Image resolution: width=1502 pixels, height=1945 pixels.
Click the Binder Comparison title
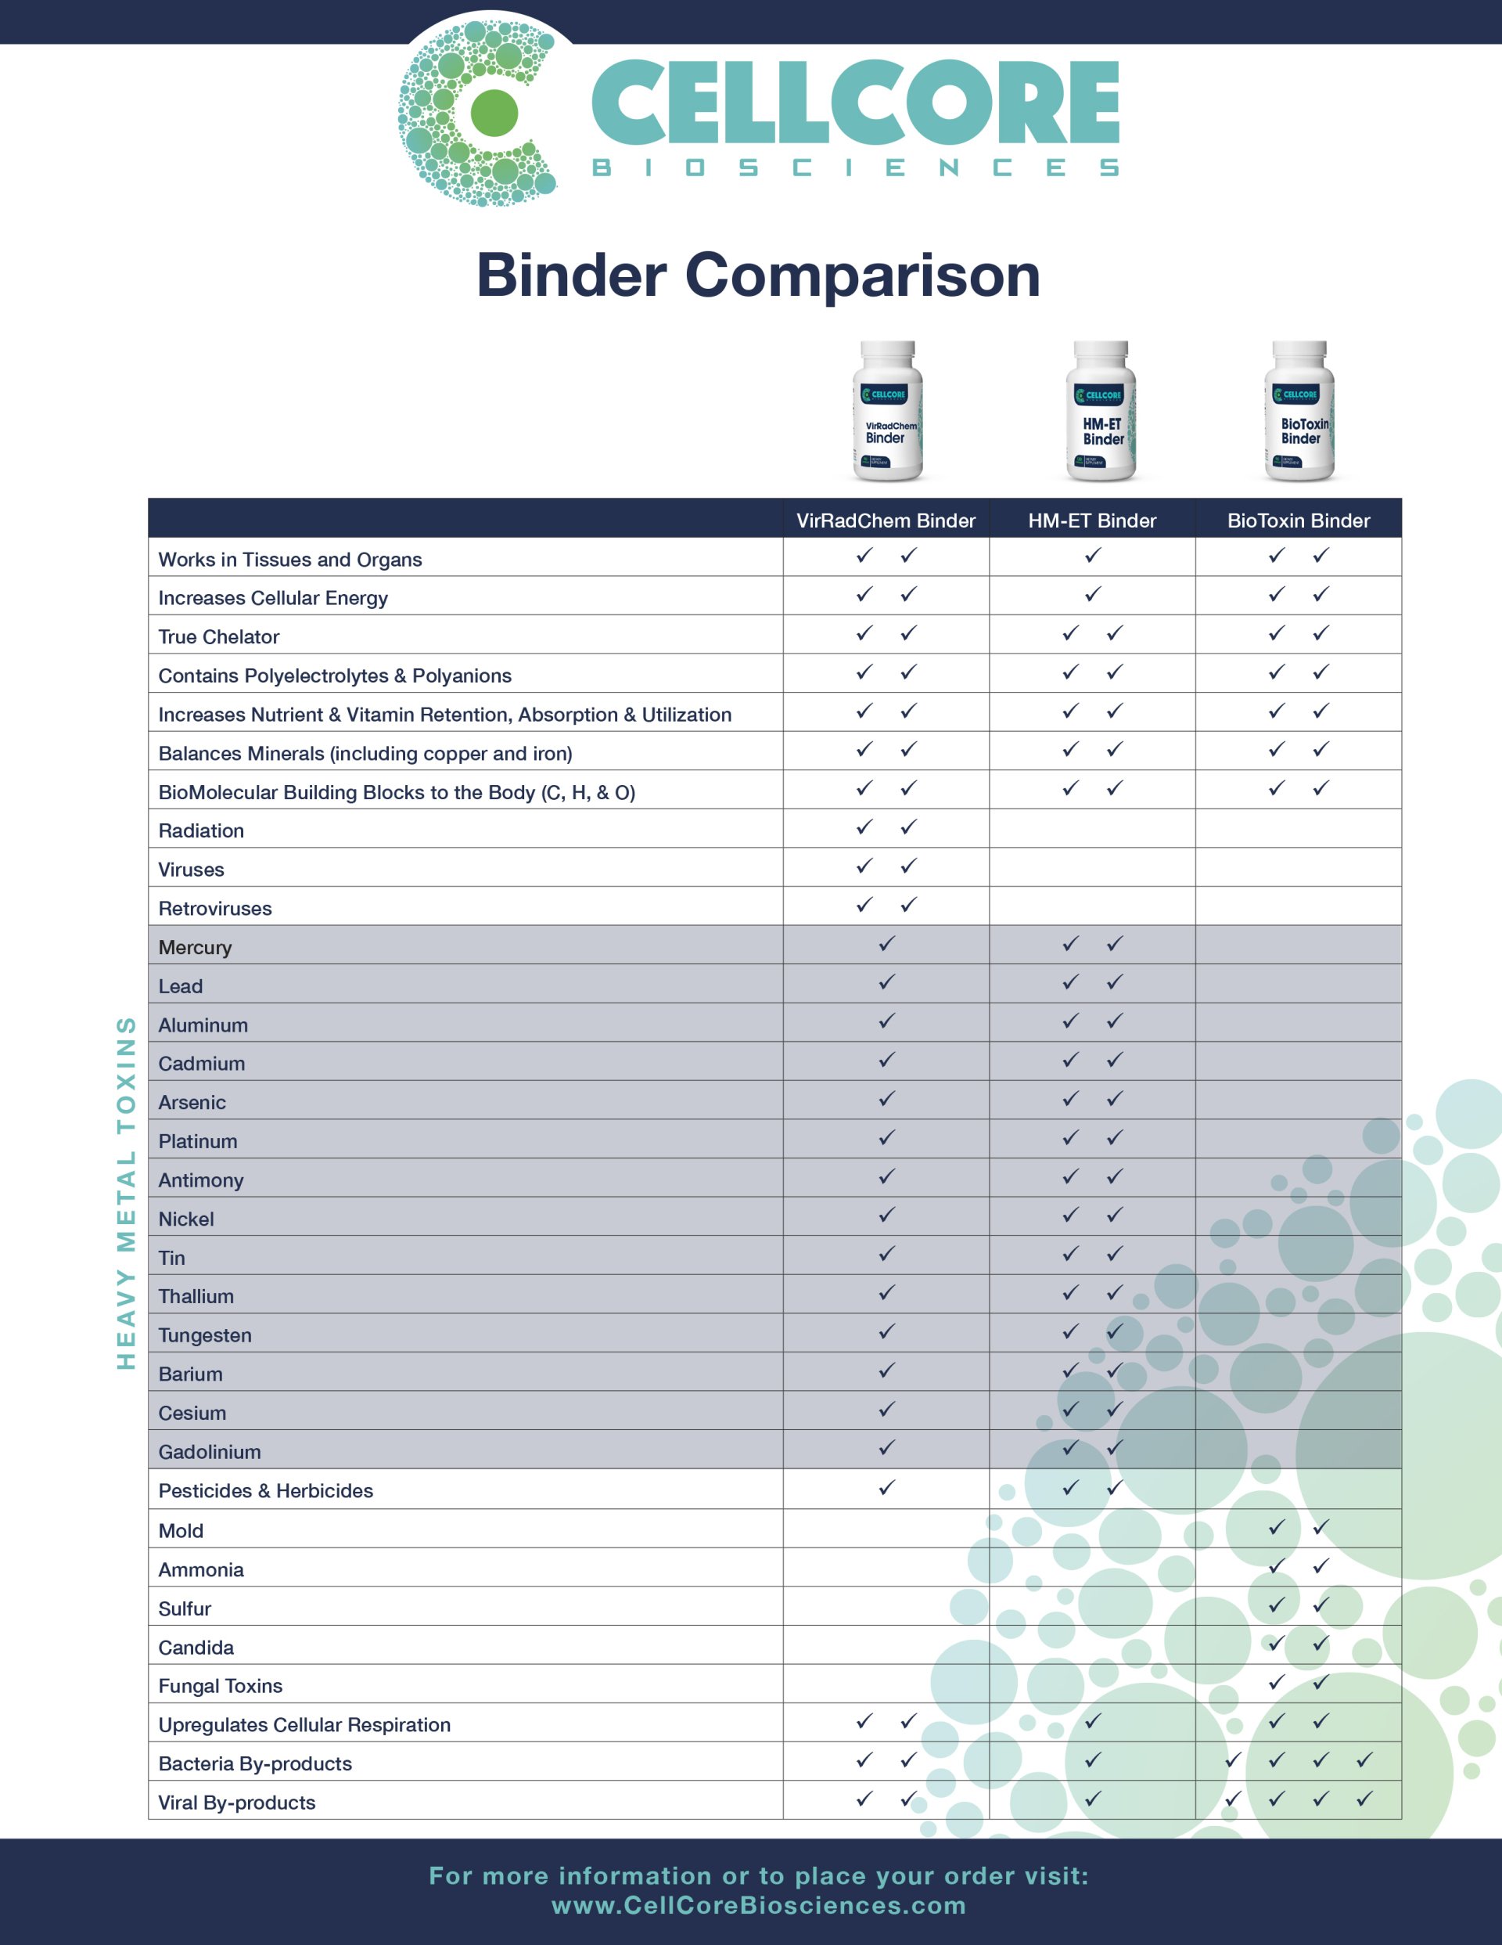pos(758,276)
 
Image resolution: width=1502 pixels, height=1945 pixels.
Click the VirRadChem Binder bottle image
pos(887,412)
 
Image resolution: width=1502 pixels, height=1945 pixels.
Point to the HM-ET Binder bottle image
pos(1101,412)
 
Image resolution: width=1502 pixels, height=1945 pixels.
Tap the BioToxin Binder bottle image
pos(1299,412)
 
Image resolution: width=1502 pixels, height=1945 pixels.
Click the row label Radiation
pos(201,831)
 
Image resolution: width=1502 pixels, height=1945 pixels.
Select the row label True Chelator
pos(219,637)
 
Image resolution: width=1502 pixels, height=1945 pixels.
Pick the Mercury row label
pos(195,948)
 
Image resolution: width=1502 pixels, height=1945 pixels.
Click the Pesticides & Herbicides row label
pos(265,1491)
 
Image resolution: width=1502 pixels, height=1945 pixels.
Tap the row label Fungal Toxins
pos(220,1686)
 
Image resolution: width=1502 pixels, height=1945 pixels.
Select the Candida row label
pos(196,1648)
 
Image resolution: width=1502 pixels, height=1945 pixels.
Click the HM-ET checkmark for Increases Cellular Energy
pos(1092,594)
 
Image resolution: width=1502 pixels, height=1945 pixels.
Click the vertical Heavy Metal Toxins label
pos(127,1193)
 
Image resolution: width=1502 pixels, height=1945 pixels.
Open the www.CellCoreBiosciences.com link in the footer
pos(759,1905)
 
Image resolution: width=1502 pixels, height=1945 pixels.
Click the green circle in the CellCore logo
pos(494,113)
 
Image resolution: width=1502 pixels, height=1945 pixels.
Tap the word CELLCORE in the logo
pos(855,103)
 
